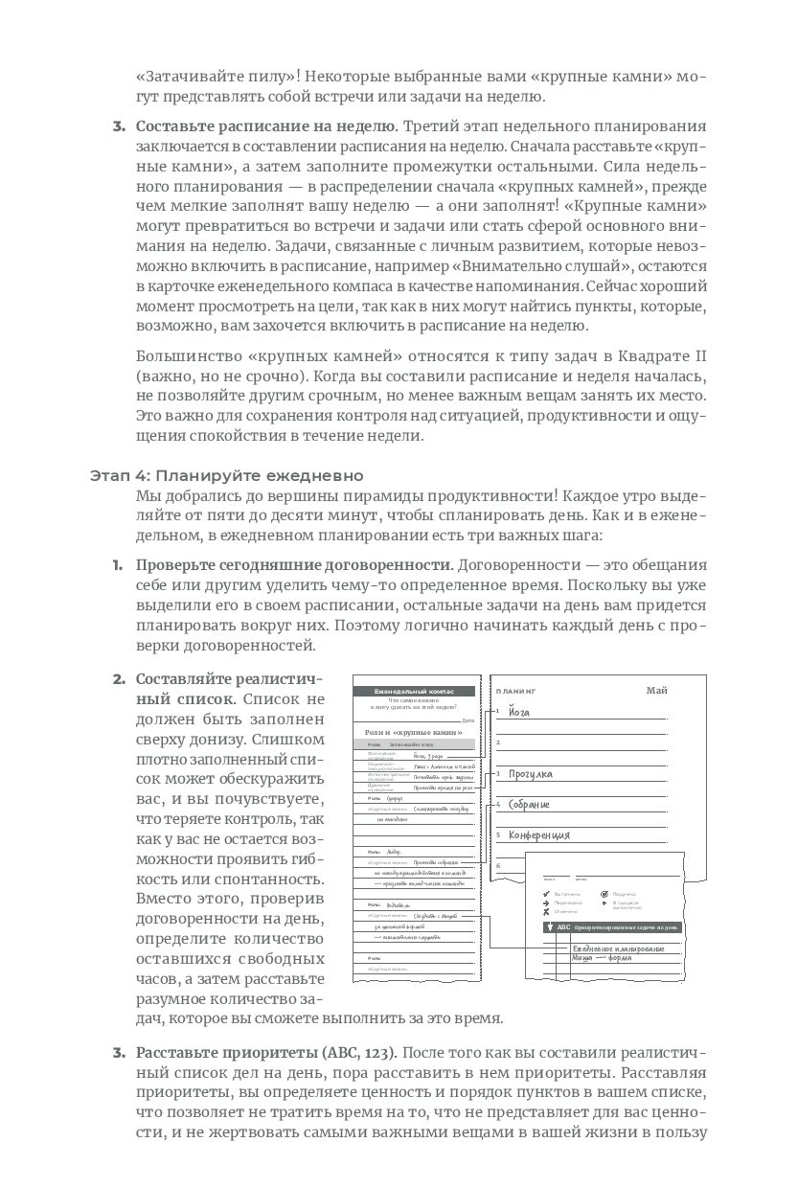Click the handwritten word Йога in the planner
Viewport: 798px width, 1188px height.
(x=518, y=712)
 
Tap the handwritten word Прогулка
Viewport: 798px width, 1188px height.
(x=531, y=774)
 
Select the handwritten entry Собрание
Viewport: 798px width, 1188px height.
(x=530, y=805)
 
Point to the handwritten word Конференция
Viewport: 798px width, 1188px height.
(x=539, y=835)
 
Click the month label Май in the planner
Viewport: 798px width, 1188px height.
(x=656, y=690)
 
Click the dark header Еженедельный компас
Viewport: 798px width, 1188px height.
(x=414, y=691)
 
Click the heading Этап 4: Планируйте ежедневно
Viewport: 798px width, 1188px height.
(x=226, y=475)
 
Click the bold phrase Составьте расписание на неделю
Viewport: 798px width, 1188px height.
(x=265, y=126)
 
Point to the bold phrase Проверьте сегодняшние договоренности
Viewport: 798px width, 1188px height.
(x=292, y=564)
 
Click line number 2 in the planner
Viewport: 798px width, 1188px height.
(x=498, y=742)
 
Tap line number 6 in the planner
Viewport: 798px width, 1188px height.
(x=498, y=864)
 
